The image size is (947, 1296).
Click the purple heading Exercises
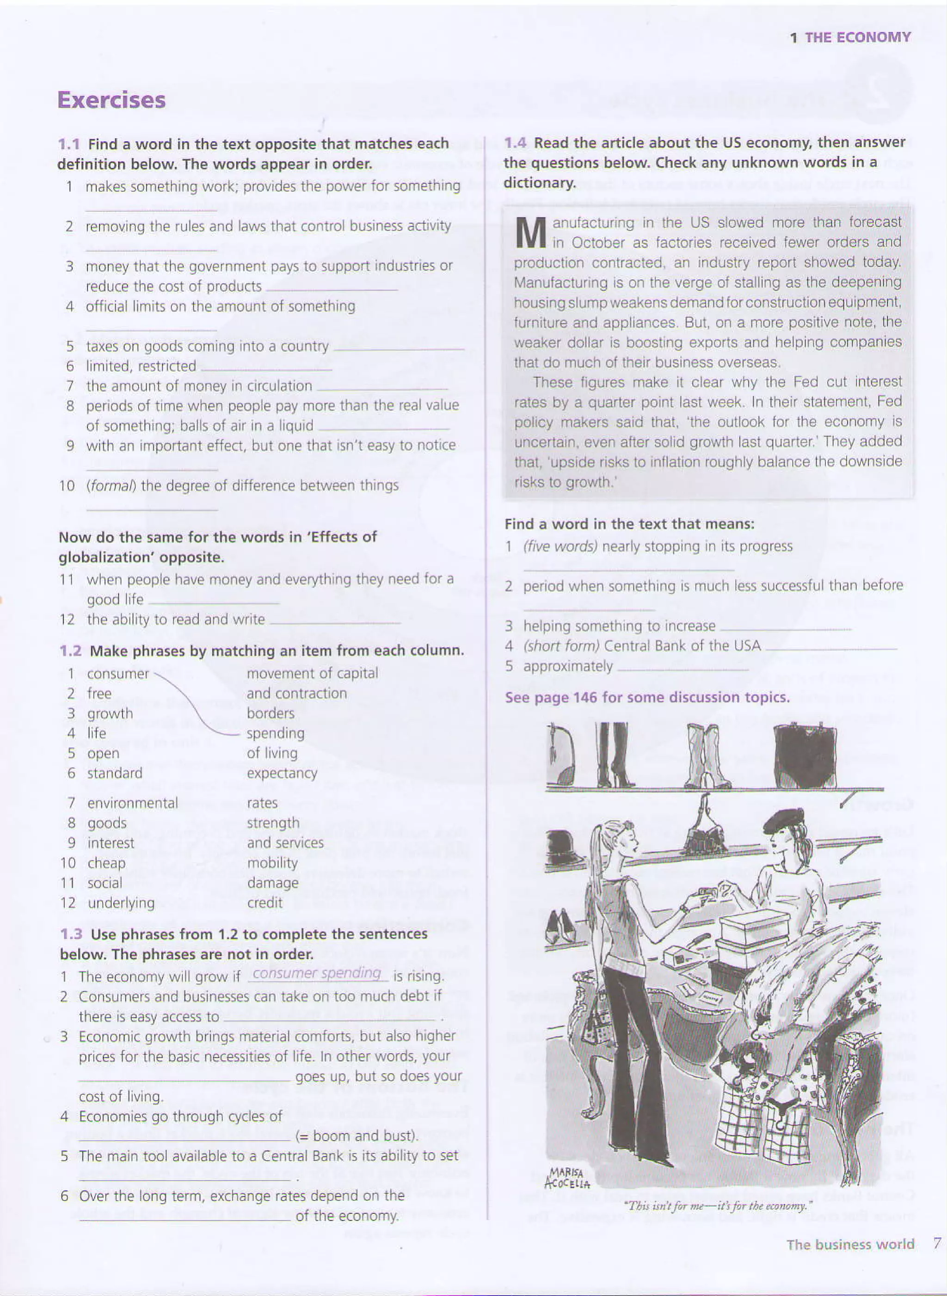111,100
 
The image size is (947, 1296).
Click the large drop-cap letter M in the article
531,233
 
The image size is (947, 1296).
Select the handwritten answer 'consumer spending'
317,973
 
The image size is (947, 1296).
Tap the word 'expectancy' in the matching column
282,773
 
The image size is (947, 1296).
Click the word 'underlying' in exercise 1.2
121,903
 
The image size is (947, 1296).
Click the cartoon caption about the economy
718,1205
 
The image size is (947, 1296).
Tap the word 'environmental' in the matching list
132,803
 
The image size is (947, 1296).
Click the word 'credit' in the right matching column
264,903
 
